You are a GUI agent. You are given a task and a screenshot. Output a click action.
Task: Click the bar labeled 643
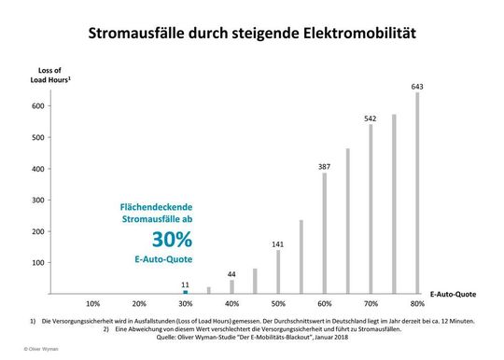pos(417,193)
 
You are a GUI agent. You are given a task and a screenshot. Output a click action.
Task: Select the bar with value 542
pos(371,209)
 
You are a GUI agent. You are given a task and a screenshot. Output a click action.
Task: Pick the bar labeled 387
pos(325,233)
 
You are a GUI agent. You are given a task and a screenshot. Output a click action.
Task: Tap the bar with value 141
pos(278,271)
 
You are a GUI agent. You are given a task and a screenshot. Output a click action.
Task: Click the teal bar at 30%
pos(186,292)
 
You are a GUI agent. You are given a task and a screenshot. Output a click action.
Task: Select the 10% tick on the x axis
pos(93,304)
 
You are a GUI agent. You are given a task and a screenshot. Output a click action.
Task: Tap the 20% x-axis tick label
pos(139,304)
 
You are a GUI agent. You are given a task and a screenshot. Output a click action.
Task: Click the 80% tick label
pos(417,304)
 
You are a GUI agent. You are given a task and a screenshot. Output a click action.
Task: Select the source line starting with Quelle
pos(252,337)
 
